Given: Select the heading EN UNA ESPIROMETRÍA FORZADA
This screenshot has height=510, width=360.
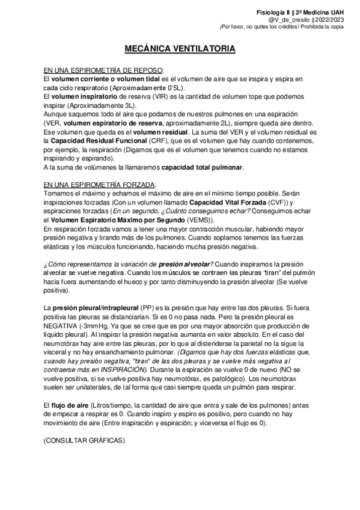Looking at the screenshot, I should click(x=100, y=183).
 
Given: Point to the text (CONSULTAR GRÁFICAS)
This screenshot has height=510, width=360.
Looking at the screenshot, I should click(x=84, y=441).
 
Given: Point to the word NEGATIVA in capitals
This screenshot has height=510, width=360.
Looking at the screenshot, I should click(x=64, y=325).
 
